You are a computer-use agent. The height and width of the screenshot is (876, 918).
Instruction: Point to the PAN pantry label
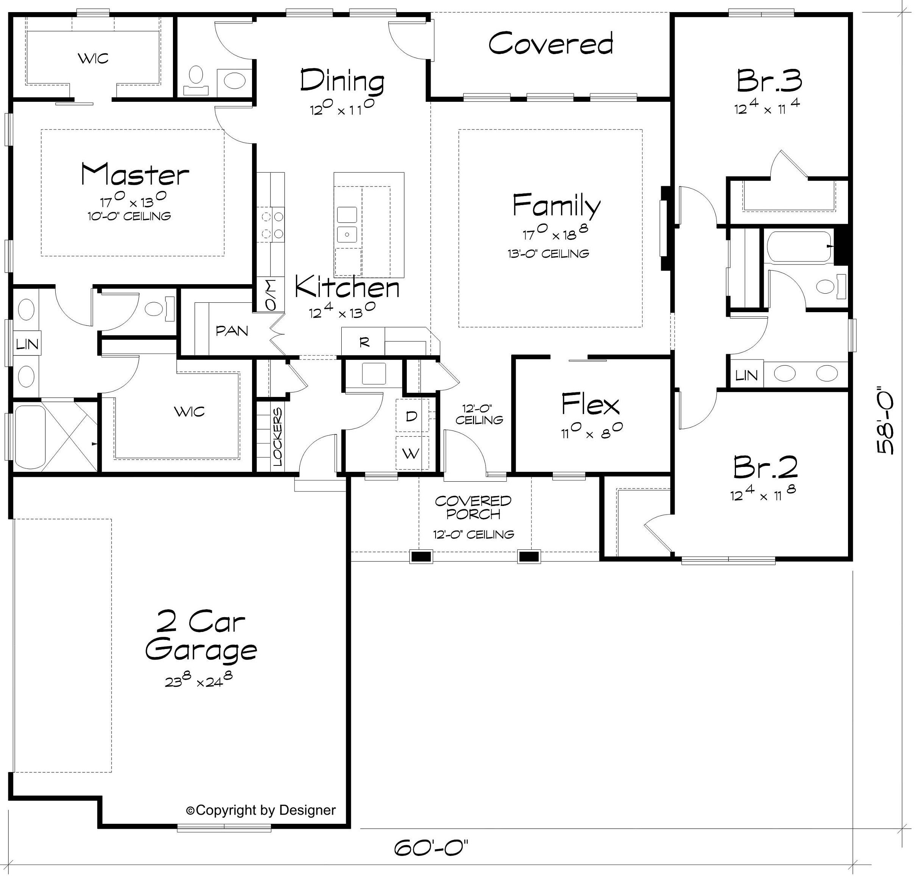pos(232,331)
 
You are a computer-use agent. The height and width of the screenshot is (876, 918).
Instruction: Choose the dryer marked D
pos(411,415)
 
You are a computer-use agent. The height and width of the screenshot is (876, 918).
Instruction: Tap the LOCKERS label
pos(277,437)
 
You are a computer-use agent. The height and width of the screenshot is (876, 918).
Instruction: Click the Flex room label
pos(590,405)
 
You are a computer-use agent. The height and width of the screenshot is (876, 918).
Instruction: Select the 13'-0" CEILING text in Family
pos(548,254)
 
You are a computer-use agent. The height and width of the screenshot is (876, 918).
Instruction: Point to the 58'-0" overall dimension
pos(885,421)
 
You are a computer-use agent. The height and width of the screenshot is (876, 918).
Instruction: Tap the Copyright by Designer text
pos(261,810)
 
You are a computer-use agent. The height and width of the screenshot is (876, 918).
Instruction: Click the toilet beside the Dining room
pos(196,79)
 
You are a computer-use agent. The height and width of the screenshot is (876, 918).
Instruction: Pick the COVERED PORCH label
pos(473,507)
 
